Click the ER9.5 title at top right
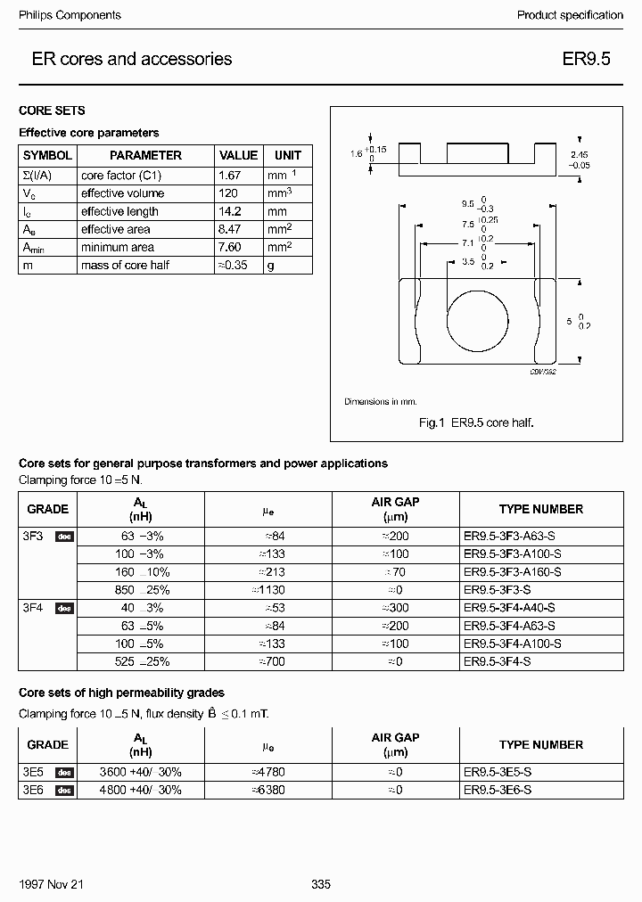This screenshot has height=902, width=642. point(586,60)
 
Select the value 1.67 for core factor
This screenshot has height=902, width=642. point(230,176)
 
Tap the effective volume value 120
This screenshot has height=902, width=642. point(228,193)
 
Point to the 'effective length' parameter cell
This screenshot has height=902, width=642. point(119,211)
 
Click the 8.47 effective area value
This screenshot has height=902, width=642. point(230,229)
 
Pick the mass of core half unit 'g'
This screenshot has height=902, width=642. point(270,266)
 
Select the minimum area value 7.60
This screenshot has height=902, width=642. point(230,247)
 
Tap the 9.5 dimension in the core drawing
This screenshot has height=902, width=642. point(466,203)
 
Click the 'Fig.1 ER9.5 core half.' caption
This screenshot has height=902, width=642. point(476,422)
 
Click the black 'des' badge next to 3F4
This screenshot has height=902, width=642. point(64,608)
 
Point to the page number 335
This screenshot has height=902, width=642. point(321,884)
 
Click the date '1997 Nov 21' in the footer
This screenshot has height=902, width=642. point(51,884)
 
